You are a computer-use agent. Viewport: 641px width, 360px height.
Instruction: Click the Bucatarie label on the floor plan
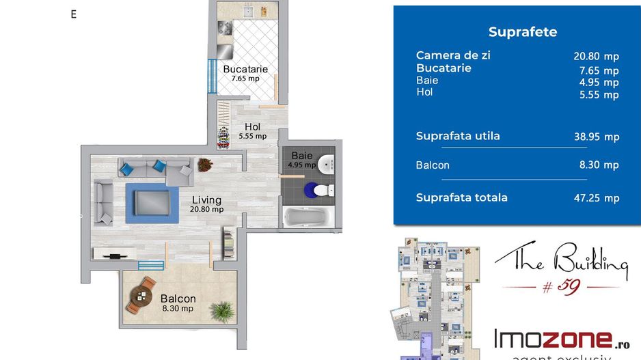245,69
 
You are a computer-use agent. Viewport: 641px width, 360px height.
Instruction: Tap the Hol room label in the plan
253,127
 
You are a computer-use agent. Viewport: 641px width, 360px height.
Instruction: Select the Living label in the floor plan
207,200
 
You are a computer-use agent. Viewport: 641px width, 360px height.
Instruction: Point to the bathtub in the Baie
308,217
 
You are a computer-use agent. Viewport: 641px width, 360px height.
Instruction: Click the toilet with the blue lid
319,190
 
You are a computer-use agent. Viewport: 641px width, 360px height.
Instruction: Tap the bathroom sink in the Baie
326,164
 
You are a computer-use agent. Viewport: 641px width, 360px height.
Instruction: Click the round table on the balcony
141,295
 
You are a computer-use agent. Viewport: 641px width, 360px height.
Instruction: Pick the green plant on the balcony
223,311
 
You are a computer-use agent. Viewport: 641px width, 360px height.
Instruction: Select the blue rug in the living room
152,203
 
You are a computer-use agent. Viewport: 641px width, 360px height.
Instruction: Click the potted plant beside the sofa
205,165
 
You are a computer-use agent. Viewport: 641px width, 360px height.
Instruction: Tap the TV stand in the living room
115,253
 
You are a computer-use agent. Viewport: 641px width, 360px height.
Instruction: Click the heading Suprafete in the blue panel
523,32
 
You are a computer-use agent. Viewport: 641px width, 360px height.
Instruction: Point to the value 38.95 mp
597,137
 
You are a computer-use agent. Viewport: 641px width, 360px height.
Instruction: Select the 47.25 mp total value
597,198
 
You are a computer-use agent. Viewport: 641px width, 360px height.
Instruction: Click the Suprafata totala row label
461,197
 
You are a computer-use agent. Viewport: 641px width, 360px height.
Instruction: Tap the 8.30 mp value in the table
599,165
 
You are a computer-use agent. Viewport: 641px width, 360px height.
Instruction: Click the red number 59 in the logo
569,286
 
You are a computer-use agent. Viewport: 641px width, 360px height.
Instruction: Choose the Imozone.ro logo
562,339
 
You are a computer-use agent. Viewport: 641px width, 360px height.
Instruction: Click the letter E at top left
74,14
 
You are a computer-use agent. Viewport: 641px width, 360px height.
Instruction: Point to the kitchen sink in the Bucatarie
249,12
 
